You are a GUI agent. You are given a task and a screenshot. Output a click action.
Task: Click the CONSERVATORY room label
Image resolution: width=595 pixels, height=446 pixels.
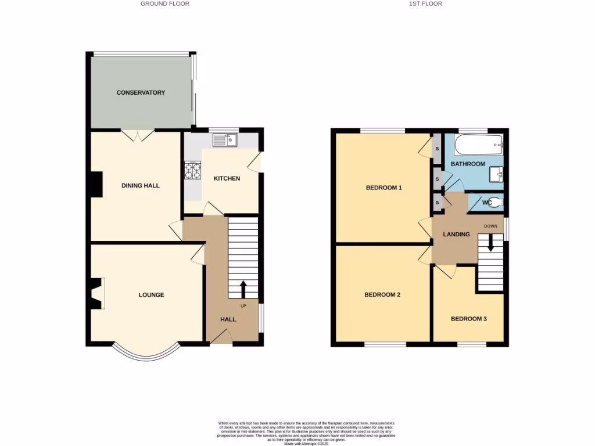pyautogui.click(x=141, y=92)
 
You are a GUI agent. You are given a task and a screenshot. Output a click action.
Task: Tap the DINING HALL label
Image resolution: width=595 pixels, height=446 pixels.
pyautogui.click(x=140, y=186)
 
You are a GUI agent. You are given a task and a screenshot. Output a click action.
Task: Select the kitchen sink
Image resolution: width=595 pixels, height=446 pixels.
pyautogui.click(x=224, y=139)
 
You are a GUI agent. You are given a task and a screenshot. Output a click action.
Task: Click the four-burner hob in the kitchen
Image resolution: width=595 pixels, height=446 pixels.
pyautogui.click(x=192, y=170)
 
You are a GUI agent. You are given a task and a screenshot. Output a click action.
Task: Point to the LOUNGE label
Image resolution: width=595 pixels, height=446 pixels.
pyautogui.click(x=151, y=295)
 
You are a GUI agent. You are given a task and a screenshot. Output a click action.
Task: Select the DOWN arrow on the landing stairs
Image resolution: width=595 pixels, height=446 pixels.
pyautogui.click(x=490, y=242)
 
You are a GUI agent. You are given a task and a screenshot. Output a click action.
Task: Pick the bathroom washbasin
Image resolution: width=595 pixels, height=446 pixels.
pyautogui.click(x=496, y=173)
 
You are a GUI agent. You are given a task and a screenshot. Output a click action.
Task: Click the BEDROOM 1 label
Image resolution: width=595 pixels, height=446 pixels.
pyautogui.click(x=383, y=188)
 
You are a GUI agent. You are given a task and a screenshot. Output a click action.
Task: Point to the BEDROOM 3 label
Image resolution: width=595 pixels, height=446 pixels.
pyautogui.click(x=468, y=319)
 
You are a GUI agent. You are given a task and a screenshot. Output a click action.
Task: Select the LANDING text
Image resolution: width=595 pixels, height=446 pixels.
pyautogui.click(x=456, y=235)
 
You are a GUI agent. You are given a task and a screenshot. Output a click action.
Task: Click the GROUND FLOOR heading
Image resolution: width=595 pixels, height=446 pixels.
pyautogui.click(x=165, y=3)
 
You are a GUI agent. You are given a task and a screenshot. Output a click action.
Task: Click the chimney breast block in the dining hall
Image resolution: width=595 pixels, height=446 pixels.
pyautogui.click(x=95, y=185)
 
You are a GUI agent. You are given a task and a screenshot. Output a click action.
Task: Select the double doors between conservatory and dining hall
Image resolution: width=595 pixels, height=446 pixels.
pyautogui.click(x=138, y=135)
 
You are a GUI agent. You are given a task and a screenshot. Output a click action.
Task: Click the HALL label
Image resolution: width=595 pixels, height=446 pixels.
pyautogui.click(x=228, y=319)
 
